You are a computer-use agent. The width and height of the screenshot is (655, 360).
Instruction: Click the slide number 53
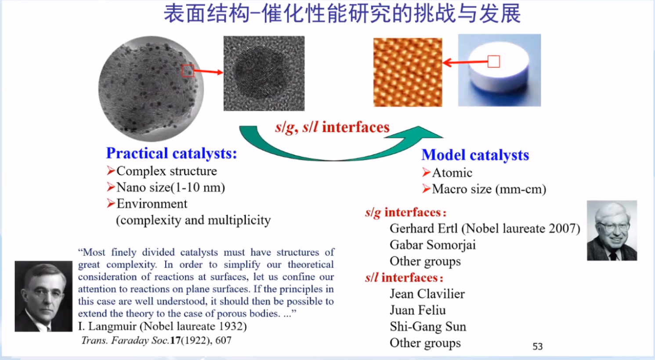[537, 346]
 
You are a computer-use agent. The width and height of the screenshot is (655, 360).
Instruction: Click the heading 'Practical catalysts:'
[171, 153]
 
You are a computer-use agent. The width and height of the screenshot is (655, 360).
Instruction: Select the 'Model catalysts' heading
[475, 155]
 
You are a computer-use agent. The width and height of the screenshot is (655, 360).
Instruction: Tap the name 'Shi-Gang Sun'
[428, 327]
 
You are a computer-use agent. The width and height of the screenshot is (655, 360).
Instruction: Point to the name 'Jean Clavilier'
[427, 294]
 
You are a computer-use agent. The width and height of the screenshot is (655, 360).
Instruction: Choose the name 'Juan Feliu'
[418, 310]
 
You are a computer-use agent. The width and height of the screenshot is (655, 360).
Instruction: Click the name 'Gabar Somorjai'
[432, 245]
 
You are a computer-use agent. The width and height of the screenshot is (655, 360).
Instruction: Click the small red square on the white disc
[494, 62]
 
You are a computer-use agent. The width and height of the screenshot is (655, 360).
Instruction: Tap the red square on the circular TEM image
[188, 71]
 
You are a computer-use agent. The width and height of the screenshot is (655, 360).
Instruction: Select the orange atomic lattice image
[408, 72]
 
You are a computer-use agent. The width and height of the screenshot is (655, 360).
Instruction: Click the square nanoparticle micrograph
[264, 73]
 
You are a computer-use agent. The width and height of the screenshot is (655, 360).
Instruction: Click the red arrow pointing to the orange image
[465, 62]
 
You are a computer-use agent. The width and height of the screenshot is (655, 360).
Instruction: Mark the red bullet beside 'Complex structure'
[111, 171]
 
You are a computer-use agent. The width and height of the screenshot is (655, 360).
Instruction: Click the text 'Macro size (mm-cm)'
[489, 189]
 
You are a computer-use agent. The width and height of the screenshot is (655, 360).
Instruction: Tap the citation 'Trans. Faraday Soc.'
[125, 340]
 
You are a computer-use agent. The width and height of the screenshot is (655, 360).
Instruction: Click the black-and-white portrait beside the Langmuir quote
[43, 296]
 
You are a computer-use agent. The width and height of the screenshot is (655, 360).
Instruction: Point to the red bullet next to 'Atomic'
[426, 172]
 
